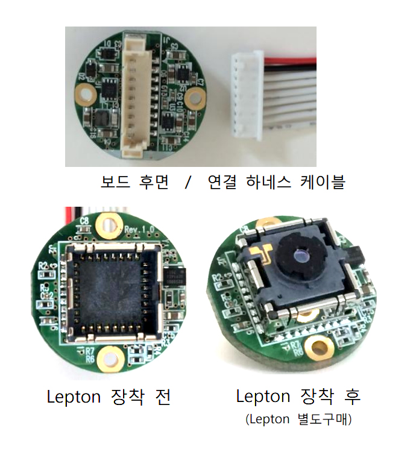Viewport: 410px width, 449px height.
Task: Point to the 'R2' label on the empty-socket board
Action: [43, 265]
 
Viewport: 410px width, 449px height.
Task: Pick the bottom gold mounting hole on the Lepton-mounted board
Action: [318, 345]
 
